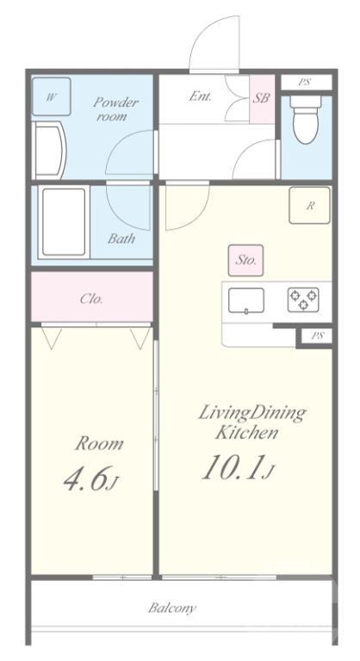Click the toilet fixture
(306, 120)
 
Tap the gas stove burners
(303, 300)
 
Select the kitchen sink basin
(246, 300)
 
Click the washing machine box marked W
(51, 96)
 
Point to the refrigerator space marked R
(309, 206)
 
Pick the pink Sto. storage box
(245, 261)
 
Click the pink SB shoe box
(262, 99)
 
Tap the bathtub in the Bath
(64, 222)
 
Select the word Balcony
(172, 608)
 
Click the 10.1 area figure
(233, 467)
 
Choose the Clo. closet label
(91, 299)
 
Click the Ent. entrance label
(200, 96)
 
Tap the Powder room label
(115, 108)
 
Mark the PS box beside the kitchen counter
(318, 336)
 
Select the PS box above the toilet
(305, 83)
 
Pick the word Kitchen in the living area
(246, 433)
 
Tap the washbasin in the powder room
(50, 151)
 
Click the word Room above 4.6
(99, 443)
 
